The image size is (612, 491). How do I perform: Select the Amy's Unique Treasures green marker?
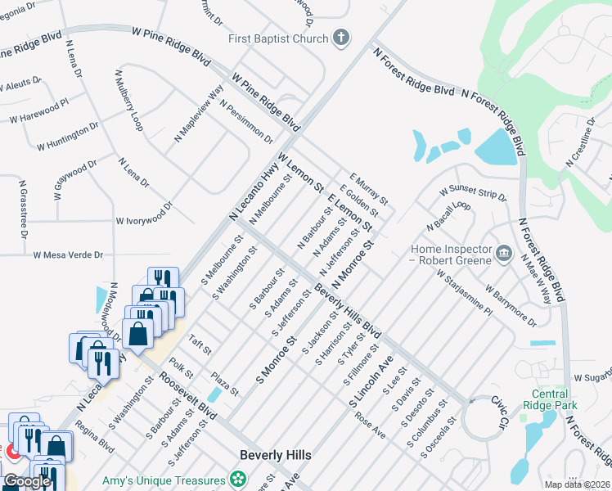point(238,478)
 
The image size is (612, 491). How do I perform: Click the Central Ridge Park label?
point(550,399)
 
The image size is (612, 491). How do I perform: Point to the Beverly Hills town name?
point(276,454)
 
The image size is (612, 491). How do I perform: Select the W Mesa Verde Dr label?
point(68,255)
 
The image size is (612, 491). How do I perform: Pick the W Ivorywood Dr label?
point(144,220)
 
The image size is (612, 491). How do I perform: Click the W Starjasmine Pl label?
point(464,295)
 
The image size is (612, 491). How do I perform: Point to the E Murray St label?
point(368,188)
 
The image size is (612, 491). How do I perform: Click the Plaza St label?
point(224,384)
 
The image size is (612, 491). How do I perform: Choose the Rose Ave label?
point(370,422)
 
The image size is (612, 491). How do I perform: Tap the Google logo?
point(27,481)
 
